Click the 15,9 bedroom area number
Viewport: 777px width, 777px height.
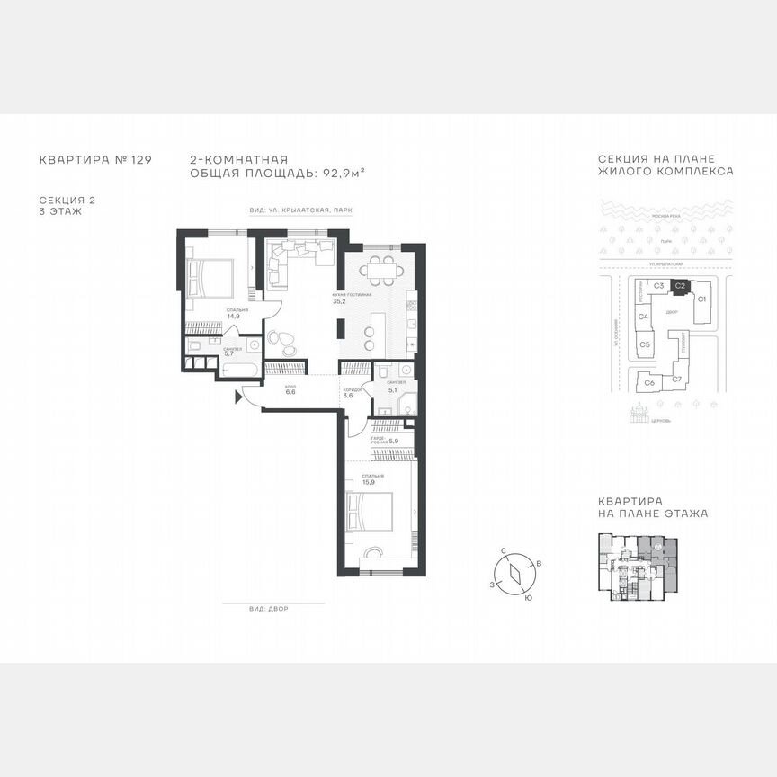tap(369, 483)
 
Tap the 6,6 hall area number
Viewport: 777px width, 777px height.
tap(290, 392)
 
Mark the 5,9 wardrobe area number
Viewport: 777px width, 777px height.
tap(393, 441)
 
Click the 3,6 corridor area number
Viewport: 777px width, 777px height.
tap(348, 396)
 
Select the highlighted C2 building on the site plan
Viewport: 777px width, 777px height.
tap(681, 286)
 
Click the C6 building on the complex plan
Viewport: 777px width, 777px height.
tap(649, 382)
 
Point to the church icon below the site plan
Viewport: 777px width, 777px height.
tap(641, 413)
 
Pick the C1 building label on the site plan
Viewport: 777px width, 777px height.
tap(702, 298)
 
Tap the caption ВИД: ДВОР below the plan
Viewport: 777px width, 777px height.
tap(270, 609)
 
